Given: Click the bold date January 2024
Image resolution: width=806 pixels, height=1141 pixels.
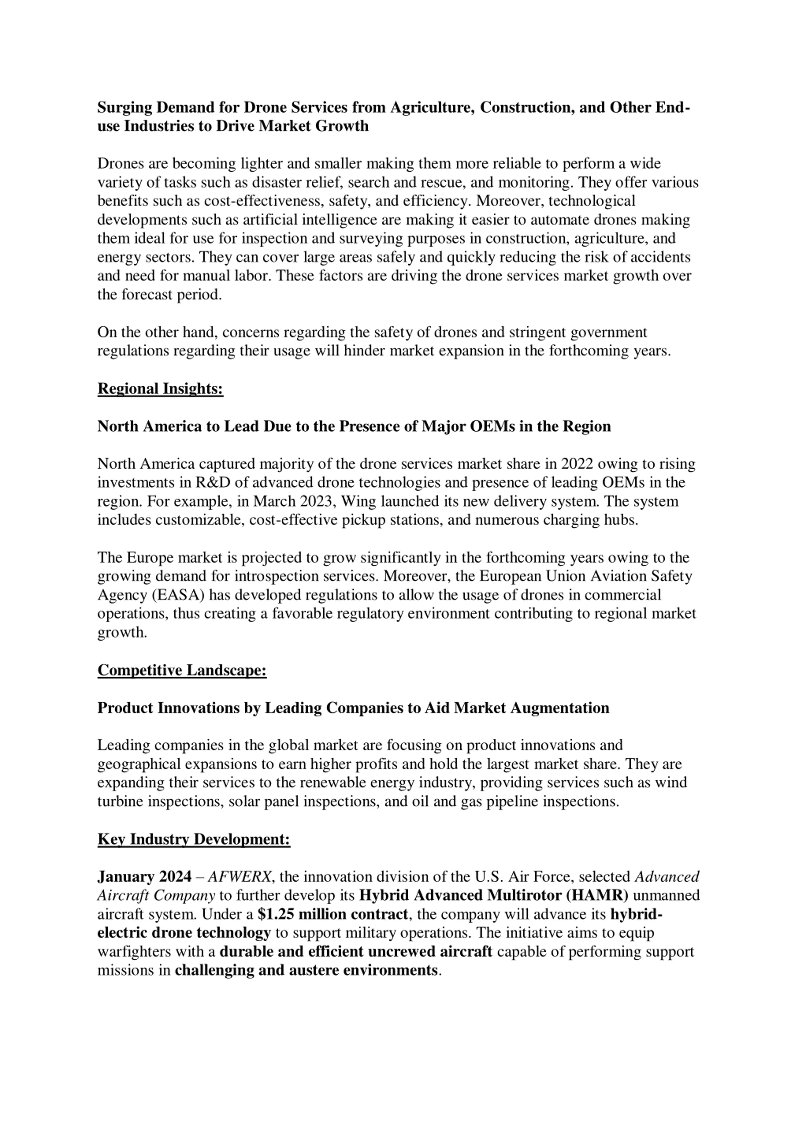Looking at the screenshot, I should click(144, 876).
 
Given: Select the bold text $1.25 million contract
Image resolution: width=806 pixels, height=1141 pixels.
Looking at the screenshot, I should click(333, 914).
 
